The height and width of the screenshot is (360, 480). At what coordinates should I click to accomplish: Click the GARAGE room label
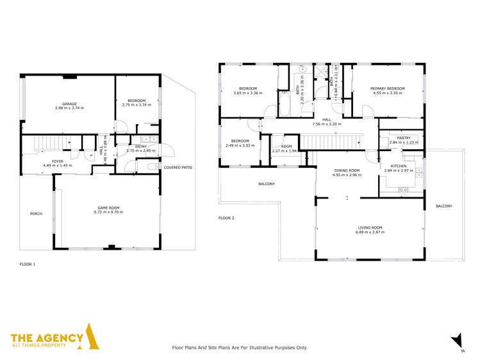(x=69, y=103)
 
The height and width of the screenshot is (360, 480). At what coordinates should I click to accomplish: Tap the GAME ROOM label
(x=106, y=208)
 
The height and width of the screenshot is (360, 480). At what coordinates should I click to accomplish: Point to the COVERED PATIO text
(x=178, y=167)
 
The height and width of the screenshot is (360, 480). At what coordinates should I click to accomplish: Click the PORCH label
(x=37, y=213)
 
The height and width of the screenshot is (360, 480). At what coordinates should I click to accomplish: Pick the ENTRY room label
(x=141, y=146)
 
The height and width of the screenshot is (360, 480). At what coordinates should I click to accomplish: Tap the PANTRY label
(x=403, y=138)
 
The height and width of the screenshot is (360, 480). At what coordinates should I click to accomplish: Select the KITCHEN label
(x=399, y=166)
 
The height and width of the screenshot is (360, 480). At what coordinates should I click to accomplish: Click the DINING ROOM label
(x=346, y=170)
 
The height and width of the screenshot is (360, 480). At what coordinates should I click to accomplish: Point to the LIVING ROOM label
(x=369, y=227)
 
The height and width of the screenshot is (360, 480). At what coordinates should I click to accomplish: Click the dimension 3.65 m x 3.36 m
(x=247, y=94)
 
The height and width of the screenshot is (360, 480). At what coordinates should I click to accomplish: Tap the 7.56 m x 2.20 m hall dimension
(x=327, y=124)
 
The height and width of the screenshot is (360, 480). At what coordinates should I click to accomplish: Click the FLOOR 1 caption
(x=28, y=263)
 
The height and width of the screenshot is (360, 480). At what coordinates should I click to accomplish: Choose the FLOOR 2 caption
(x=226, y=218)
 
